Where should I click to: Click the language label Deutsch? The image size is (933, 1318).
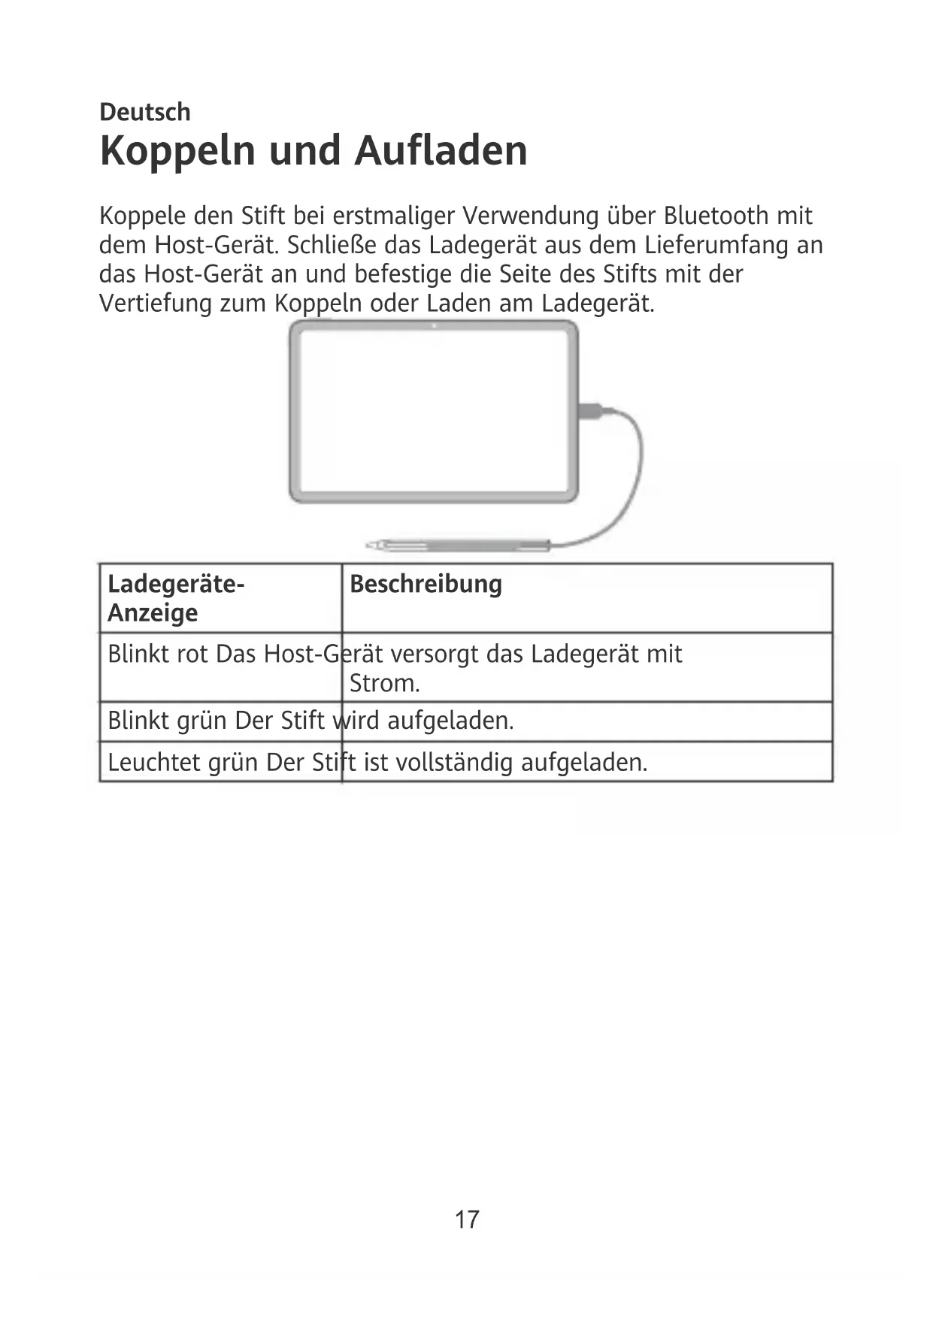click(145, 113)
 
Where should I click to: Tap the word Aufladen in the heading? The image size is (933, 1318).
click(441, 150)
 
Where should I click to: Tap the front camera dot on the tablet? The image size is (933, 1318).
click(435, 326)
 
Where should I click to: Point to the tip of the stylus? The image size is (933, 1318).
click(369, 544)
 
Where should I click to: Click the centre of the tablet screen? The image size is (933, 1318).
click(433, 411)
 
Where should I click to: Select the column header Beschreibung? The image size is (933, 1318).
click(426, 585)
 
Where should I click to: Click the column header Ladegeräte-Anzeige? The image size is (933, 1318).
click(175, 598)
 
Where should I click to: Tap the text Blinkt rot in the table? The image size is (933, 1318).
click(158, 654)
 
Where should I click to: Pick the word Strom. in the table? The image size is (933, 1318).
click(384, 684)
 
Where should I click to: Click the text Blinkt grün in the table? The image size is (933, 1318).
click(167, 721)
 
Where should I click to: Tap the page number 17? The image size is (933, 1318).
click(466, 1219)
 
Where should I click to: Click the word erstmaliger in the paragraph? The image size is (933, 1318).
click(394, 216)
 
